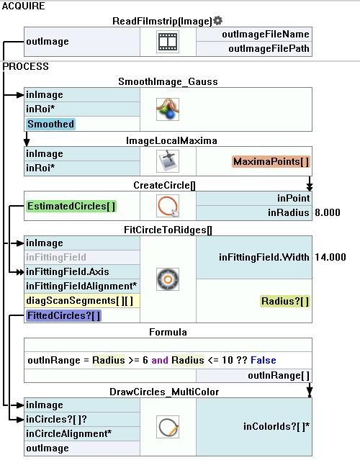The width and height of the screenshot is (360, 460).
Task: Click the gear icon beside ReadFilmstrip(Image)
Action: coord(217,21)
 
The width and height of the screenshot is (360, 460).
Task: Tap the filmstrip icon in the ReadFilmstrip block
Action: coord(168,42)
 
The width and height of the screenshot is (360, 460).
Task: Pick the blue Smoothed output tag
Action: coord(50,124)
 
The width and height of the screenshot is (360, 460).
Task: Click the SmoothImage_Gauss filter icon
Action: coord(168,109)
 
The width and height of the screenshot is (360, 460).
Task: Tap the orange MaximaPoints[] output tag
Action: coord(271,162)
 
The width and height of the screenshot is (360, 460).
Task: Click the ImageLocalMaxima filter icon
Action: coord(168,161)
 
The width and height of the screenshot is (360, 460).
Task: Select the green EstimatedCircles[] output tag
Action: coord(71,206)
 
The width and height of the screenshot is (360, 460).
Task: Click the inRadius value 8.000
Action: coord(328,212)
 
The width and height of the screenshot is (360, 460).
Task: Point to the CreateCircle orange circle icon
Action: coord(168,206)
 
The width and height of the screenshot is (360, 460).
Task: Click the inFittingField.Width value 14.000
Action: coord(330,257)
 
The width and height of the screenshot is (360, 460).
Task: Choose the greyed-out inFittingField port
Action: coord(56,257)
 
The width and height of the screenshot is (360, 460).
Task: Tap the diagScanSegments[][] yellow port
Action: coord(80,301)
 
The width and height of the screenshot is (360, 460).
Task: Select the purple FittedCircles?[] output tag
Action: coord(63,315)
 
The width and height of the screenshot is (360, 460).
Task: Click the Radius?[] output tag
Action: coord(285,302)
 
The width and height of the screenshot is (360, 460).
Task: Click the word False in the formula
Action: coord(264,360)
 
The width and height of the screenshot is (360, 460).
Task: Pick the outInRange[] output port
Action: coord(279,376)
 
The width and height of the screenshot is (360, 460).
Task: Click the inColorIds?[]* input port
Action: coord(276,427)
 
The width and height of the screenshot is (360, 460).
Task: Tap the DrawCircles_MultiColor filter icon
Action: coord(168,427)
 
